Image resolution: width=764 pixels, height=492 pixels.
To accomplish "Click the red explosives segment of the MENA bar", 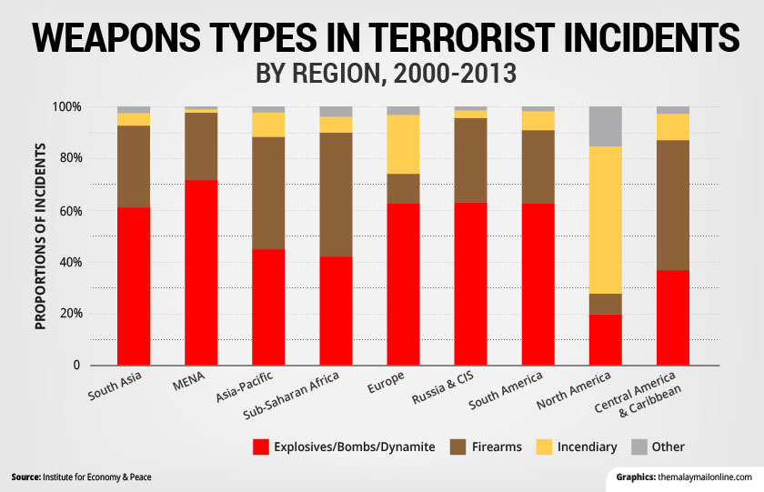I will pyautogui.click(x=201, y=273).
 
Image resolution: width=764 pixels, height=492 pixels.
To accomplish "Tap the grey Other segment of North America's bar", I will pyautogui.click(x=605, y=126).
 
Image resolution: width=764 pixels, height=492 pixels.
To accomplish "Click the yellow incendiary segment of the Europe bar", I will pyautogui.click(x=403, y=144).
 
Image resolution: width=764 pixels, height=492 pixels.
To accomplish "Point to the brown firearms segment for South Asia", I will pyautogui.click(x=134, y=166).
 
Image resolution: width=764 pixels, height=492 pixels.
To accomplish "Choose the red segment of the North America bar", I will pyautogui.click(x=605, y=339).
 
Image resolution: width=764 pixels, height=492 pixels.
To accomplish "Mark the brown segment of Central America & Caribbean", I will pyautogui.click(x=672, y=205).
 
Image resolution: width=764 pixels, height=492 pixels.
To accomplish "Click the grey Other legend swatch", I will pyautogui.click(x=648, y=447).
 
